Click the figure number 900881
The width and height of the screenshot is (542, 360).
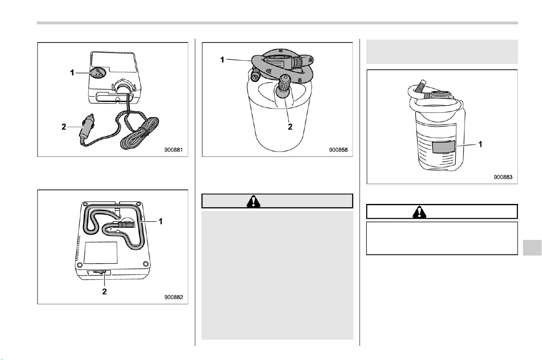click(173, 150)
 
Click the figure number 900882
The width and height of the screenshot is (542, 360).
click(174, 297)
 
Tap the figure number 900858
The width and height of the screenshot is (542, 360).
click(338, 150)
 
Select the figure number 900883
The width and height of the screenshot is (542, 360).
click(503, 177)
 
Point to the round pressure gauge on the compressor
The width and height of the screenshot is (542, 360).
click(98, 73)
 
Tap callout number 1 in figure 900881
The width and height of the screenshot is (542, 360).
click(72, 73)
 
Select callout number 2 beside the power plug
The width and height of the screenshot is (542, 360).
click(64, 127)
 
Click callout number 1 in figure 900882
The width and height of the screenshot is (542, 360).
click(161, 221)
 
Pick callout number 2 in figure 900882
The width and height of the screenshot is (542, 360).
click(104, 291)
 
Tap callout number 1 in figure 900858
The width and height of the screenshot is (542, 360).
click(222, 59)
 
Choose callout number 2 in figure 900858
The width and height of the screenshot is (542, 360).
click(290, 127)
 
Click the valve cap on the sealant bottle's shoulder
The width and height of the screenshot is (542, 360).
click(284, 86)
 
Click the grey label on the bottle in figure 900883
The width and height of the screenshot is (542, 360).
click(443, 147)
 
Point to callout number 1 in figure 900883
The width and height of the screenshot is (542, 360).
click(480, 144)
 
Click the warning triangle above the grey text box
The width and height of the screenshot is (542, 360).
click(253, 201)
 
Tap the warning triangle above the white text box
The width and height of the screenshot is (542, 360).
click(419, 212)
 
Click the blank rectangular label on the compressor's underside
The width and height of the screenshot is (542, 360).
click(101, 253)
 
